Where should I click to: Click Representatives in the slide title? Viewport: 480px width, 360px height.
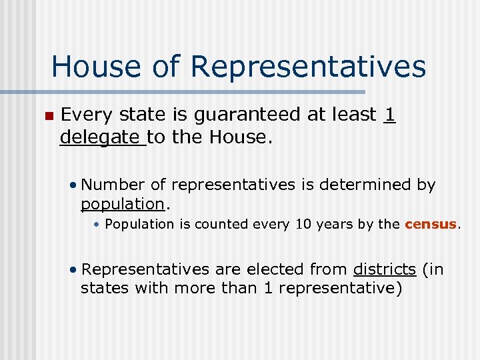308,67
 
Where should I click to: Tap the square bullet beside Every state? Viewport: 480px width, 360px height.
47,116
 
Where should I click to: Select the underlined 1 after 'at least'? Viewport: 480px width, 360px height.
390,115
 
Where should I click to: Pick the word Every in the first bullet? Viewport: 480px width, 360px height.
85,115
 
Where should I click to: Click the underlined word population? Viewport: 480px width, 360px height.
122,203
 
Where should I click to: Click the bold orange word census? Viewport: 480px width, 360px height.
431,225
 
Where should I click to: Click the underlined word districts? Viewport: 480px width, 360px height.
385,269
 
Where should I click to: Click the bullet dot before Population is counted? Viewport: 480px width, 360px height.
97,225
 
